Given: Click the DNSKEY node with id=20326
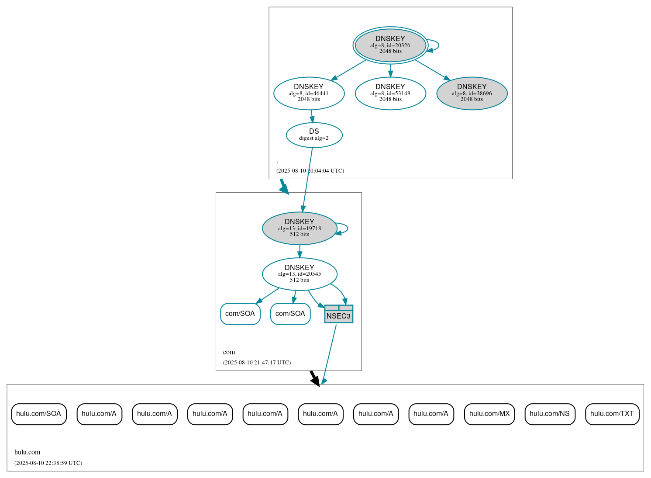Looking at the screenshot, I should (x=390, y=45).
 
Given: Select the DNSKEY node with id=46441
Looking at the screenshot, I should (x=309, y=93).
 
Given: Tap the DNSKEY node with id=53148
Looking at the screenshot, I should (x=390, y=93).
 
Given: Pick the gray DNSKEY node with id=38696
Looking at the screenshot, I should (x=472, y=93).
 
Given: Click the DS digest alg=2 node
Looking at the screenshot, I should (x=314, y=135).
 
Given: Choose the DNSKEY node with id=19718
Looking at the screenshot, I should (x=299, y=228).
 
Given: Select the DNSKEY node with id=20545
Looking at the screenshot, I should (x=299, y=274).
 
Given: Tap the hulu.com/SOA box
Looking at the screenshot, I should (x=39, y=414).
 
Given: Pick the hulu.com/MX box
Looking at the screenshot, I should (x=489, y=414).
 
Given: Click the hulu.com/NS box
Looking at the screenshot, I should (x=549, y=414).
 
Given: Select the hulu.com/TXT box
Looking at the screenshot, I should (x=612, y=414).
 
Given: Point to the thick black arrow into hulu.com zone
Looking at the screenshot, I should (x=314, y=378).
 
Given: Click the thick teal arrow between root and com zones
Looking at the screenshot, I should (x=284, y=186).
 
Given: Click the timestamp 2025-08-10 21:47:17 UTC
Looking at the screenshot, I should (x=257, y=363).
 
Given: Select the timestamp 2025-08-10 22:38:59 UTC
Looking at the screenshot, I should (x=48, y=463).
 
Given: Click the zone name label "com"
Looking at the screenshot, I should (x=229, y=352).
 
